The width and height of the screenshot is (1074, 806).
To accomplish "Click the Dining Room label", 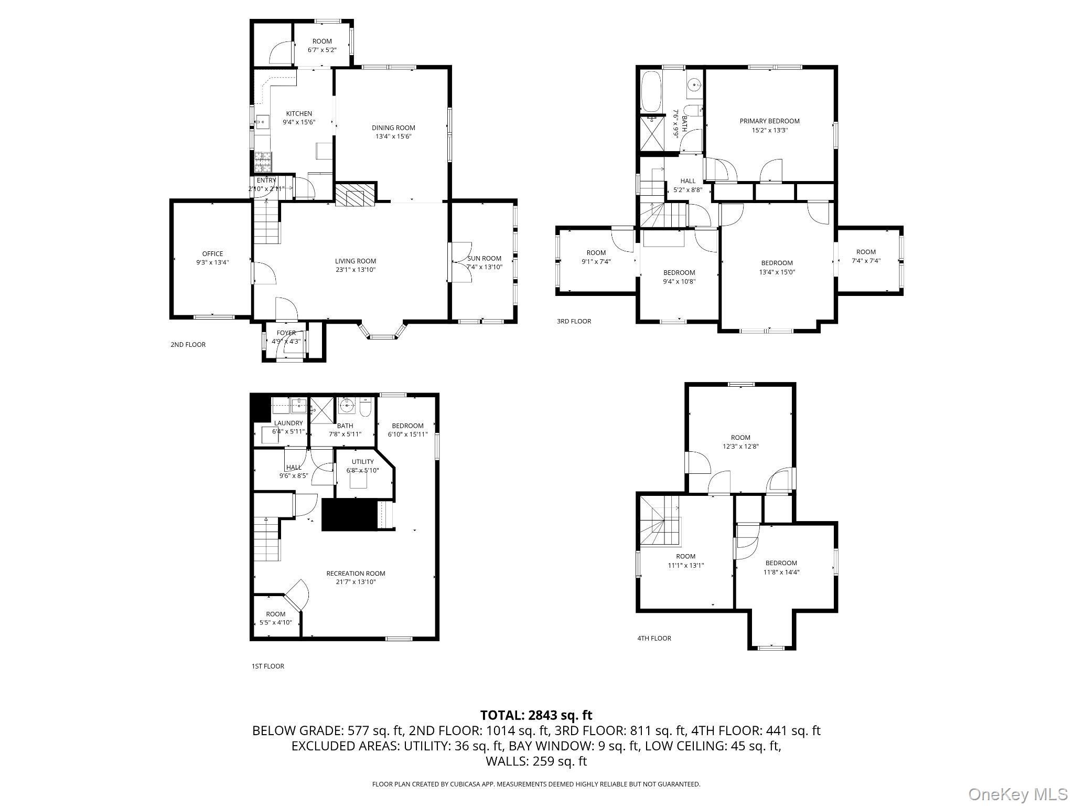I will (393, 128).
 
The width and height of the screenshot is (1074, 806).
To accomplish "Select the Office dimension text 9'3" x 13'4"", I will (212, 262).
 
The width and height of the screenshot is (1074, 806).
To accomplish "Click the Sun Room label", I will (484, 258).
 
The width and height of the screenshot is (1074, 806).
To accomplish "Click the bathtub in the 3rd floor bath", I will (651, 92).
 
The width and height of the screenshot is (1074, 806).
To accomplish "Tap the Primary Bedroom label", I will (769, 121).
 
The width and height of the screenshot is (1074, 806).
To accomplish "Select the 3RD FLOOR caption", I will (574, 321).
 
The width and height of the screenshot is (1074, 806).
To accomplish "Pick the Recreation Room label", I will (356, 574).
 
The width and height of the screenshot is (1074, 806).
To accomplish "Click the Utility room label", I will (362, 462).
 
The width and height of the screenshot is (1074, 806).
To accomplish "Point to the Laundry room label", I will (288, 423).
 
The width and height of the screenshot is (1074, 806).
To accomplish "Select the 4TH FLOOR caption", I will (654, 638).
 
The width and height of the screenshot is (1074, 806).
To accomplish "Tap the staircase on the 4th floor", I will (660, 523).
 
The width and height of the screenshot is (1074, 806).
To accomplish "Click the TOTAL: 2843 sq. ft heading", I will (536, 715).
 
